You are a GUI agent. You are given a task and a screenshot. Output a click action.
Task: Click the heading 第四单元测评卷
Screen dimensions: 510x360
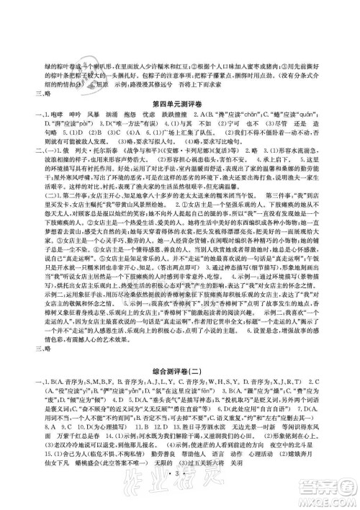point(180,106)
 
